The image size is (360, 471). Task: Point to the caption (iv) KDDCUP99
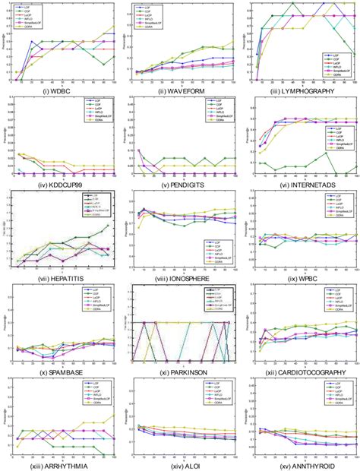(x=58, y=182)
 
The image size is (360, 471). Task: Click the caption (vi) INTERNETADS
(x=302, y=182)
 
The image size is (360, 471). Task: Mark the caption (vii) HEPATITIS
(x=58, y=277)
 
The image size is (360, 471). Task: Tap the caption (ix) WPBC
(x=302, y=277)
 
